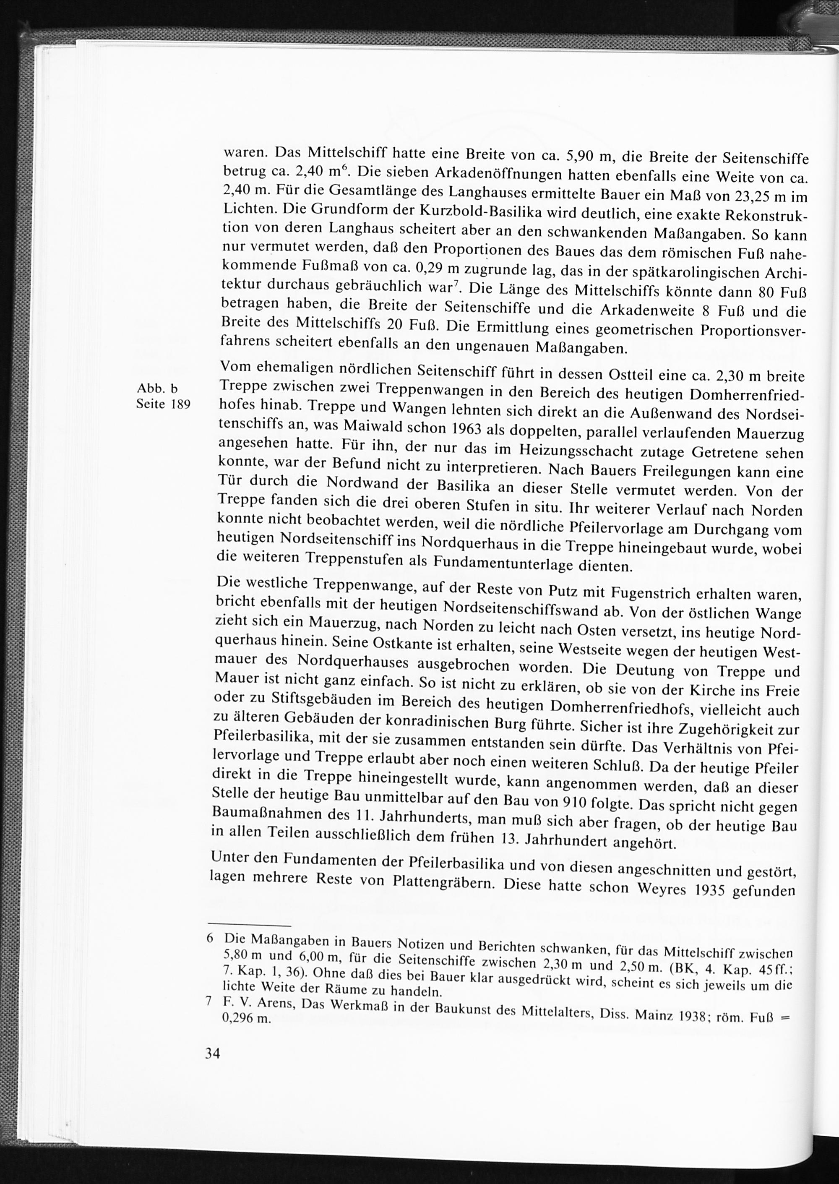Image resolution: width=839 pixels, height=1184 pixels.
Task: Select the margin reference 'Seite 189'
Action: pos(163,404)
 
